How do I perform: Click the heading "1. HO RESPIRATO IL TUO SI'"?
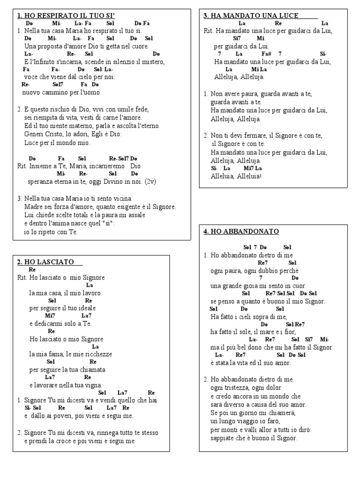66,16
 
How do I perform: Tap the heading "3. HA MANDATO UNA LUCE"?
251,15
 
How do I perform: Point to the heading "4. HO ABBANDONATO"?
241,232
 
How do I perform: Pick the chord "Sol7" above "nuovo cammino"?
58,84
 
